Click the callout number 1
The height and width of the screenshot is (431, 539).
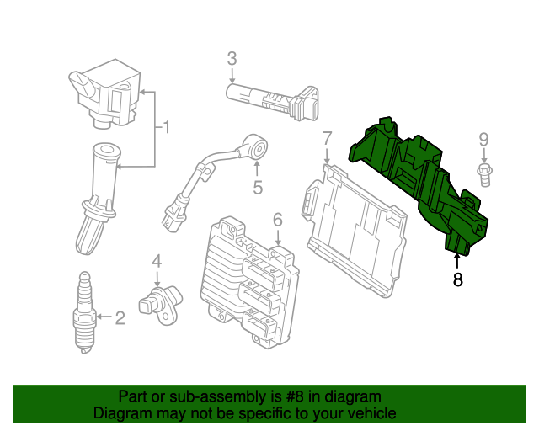point(166,128)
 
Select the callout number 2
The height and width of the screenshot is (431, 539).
point(120,317)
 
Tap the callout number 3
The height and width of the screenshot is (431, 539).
point(232,59)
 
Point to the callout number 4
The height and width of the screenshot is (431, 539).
point(156,263)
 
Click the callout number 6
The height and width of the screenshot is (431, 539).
point(277,221)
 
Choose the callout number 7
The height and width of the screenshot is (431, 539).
point(328,137)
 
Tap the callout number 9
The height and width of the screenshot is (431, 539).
point(483,139)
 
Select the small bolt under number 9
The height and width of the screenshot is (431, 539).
point(485,175)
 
